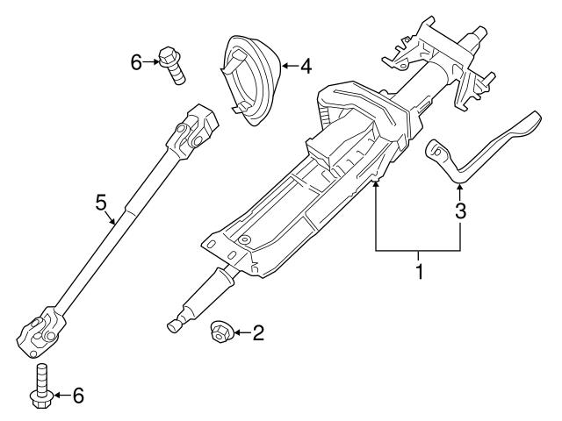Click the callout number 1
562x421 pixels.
coord(420,272)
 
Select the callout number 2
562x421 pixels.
coord(258,332)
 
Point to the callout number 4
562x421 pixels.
coord(306,65)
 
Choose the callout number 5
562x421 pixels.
coord(101,203)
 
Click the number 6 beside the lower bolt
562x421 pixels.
coord(77,396)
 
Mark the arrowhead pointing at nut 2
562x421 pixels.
coord(235,333)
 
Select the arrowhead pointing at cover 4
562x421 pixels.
coord(284,66)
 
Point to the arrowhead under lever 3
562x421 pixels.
coord(459,181)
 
